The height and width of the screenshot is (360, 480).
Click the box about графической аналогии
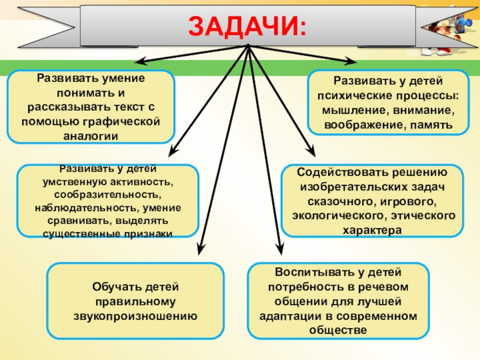(x=91, y=107)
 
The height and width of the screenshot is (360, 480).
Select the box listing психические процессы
(x=388, y=102)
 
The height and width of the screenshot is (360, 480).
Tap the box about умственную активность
(x=107, y=201)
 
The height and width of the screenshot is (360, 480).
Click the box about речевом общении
(x=338, y=301)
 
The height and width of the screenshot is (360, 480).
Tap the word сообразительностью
(x=107, y=194)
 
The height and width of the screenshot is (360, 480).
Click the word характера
(x=373, y=229)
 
